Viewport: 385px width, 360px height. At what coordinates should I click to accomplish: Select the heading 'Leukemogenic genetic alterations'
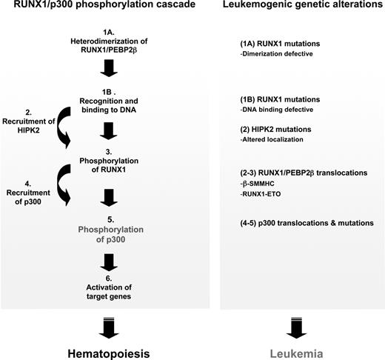pos(299,9)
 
